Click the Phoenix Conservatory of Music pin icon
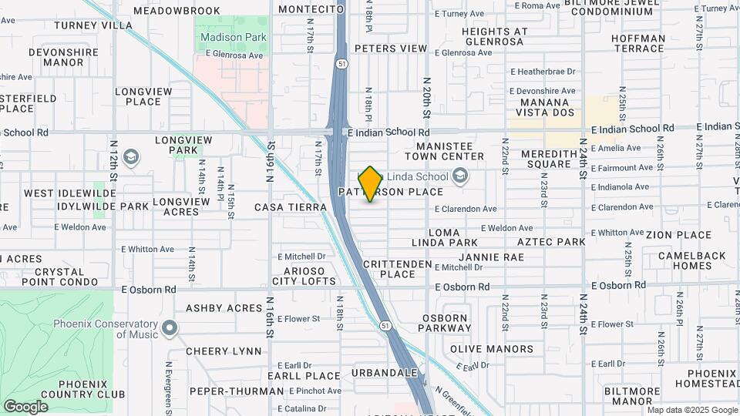[170, 329]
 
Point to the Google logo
[25, 407]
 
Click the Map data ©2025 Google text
[691, 411]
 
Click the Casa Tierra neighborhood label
[285, 207]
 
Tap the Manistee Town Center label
[450, 151]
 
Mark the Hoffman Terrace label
[637, 43]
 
